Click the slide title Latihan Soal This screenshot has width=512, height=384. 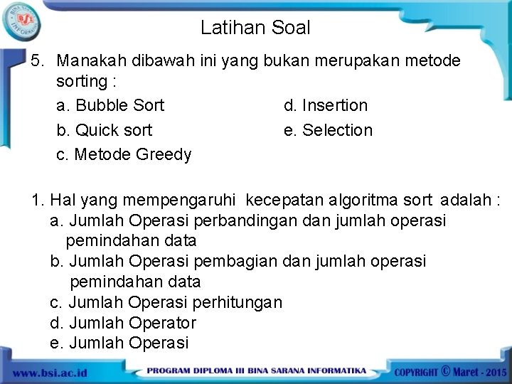(255, 28)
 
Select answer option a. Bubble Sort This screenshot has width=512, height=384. (110, 106)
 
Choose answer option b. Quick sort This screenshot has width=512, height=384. (104, 131)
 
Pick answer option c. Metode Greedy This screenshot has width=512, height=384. (124, 155)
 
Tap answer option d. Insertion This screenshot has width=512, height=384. (326, 106)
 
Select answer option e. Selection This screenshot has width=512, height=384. (328, 131)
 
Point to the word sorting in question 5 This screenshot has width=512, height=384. (81, 82)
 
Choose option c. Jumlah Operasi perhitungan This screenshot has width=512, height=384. (166, 303)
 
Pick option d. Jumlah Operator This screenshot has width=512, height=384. (123, 323)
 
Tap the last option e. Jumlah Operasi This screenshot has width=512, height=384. (119, 343)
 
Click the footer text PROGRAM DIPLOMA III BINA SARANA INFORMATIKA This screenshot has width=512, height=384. (257, 371)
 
